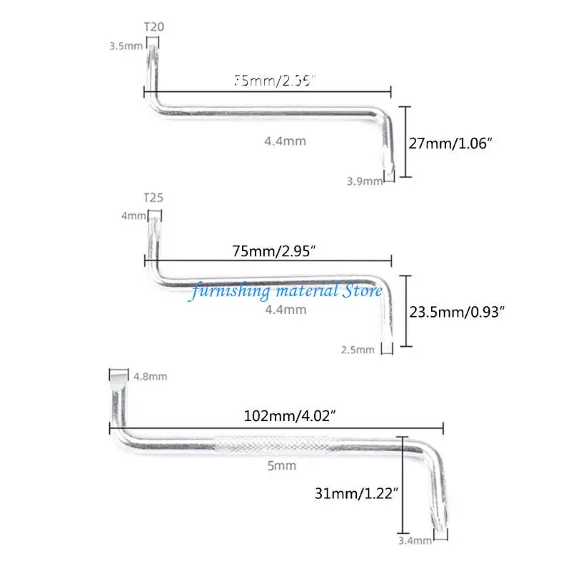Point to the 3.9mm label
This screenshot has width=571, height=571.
point(364,181)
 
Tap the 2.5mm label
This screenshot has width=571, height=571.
point(358,350)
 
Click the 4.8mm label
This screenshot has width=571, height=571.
point(149,376)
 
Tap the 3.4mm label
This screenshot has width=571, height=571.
point(415,541)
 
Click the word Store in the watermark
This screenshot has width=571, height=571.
point(363,290)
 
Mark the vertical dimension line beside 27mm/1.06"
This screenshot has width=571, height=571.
point(405,141)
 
